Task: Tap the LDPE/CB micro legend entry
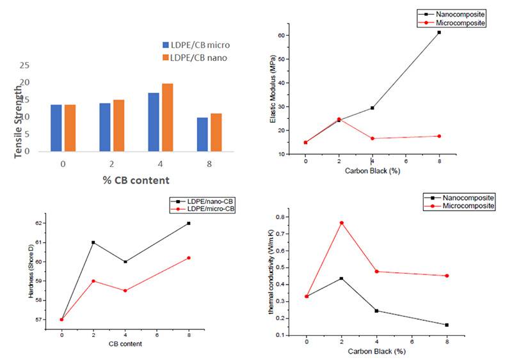click(x=196, y=45)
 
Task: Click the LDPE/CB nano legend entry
click(x=195, y=58)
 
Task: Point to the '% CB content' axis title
click(x=136, y=180)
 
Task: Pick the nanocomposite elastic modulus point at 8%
click(x=439, y=32)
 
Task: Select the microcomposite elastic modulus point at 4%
click(x=372, y=138)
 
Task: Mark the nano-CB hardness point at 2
click(x=93, y=242)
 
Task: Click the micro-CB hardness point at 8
click(x=189, y=258)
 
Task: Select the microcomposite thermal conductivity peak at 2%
click(x=341, y=223)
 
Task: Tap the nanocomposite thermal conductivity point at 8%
click(x=446, y=325)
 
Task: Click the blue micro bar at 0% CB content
click(x=56, y=129)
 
